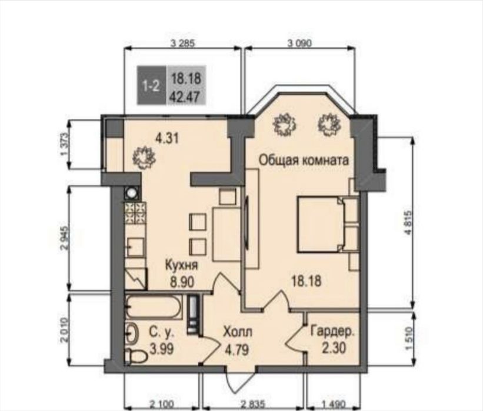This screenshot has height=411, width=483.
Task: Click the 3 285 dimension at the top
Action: (182, 44)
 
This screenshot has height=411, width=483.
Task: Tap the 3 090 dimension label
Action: (299, 44)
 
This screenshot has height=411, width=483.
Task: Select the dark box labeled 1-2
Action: (152, 85)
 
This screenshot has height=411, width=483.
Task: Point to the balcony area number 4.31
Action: (167, 139)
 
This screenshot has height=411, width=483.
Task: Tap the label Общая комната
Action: (304, 160)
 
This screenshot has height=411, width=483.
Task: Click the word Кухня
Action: (181, 265)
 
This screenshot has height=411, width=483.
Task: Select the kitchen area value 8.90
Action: (182, 282)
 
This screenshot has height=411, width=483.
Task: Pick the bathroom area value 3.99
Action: (162, 349)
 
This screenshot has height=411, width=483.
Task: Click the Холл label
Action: (238, 332)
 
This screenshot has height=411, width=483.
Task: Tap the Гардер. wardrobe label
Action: (332, 332)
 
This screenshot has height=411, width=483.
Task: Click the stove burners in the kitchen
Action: (134, 213)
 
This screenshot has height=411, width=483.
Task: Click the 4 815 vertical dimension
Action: (409, 223)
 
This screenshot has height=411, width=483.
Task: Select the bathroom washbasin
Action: (134, 334)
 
